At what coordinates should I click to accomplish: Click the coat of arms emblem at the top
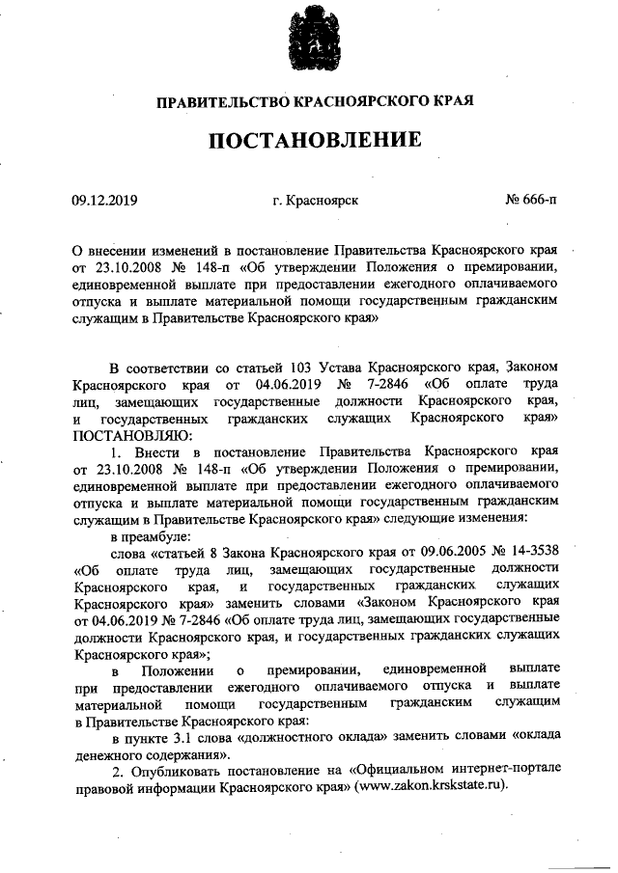309,41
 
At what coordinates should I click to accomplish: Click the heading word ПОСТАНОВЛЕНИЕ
309,141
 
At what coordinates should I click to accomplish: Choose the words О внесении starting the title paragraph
109,248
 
